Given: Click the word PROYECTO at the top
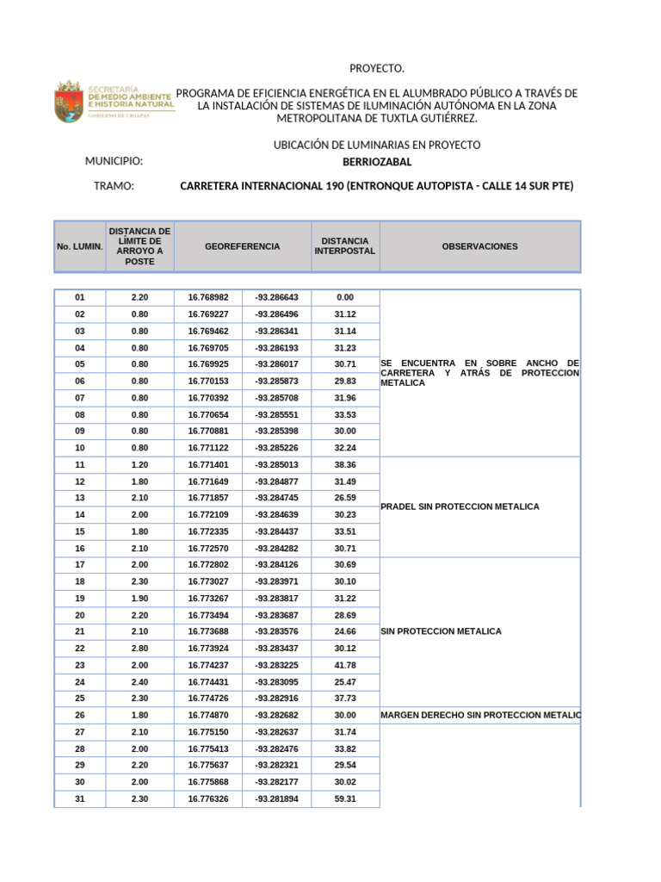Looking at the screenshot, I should [x=376, y=69].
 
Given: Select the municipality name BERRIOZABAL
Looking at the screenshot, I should [x=377, y=162].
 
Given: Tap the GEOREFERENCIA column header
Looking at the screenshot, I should [x=242, y=246].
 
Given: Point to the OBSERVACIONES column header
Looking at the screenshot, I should [x=479, y=246].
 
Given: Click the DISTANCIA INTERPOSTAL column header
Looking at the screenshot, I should [x=344, y=246].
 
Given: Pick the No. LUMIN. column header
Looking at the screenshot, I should [x=80, y=246].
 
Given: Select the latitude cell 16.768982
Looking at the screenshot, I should [x=208, y=297].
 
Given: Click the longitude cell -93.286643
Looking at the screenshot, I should [x=276, y=297].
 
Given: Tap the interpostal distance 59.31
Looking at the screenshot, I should [x=345, y=798].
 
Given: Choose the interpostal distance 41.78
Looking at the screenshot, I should [x=345, y=665].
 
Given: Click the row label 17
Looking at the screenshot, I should [x=80, y=564].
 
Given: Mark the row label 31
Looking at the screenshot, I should [x=80, y=798].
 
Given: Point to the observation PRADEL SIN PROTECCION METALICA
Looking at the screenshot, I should [x=460, y=506].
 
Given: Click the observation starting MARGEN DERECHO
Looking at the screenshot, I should [x=480, y=715].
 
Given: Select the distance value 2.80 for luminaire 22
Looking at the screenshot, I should [x=139, y=648].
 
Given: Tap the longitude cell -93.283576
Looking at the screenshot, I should [x=276, y=631].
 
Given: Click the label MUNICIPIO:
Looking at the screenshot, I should [x=114, y=162].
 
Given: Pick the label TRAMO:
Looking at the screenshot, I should [x=114, y=186].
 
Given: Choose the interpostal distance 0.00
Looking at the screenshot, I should [x=345, y=297].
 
